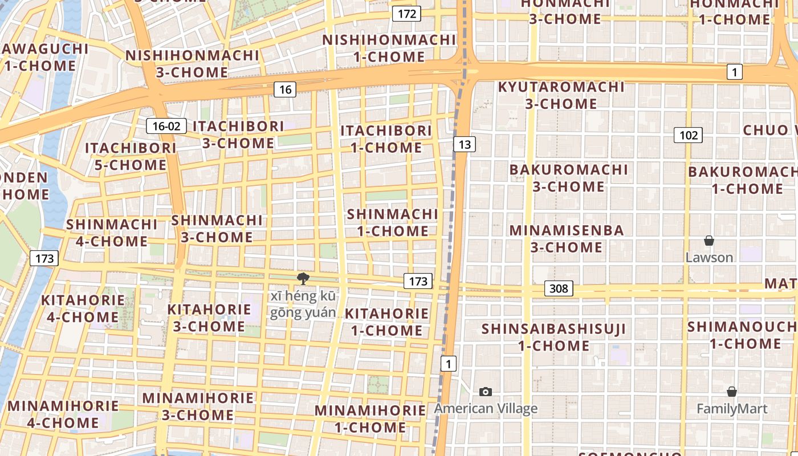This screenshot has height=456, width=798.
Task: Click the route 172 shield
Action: (406, 14)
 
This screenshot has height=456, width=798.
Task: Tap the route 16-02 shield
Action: (166, 126)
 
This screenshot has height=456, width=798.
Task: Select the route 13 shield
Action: (465, 144)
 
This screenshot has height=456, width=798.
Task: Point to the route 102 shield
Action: (688, 135)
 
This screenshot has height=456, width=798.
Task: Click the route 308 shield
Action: (558, 288)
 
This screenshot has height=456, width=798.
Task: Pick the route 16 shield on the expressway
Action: (285, 89)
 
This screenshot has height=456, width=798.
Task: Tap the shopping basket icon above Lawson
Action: (709, 241)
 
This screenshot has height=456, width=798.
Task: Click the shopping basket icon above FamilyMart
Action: (732, 392)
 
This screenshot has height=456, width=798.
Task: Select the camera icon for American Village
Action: (486, 392)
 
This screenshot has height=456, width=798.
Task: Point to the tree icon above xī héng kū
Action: (303, 279)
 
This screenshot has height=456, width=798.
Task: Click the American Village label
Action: (486, 409)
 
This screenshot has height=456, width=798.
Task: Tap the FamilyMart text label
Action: (732, 409)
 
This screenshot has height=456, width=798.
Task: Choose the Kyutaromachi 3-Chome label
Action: (561, 95)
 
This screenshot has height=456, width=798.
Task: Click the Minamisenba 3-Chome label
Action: (567, 238)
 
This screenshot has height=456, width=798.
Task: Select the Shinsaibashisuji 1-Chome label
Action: (553, 337)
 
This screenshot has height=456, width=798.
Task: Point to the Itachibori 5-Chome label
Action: (131, 157)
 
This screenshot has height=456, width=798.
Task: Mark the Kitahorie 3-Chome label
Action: (209, 318)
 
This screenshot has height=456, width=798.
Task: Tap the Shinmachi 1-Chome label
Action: (392, 222)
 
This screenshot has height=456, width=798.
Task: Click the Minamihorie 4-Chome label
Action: (63, 414)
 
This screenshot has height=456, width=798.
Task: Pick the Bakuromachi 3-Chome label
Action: (568, 178)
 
